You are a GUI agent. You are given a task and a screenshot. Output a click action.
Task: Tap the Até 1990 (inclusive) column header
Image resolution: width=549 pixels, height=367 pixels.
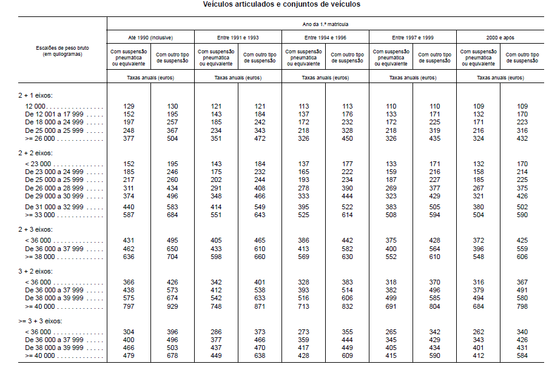(151, 37)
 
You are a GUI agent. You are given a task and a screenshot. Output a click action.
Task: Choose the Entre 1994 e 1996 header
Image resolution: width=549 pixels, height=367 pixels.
(325, 37)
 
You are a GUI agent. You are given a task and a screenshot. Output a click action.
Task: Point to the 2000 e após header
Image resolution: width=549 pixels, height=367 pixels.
(500, 37)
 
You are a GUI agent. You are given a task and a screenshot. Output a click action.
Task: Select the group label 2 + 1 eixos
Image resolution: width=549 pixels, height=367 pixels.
(35, 96)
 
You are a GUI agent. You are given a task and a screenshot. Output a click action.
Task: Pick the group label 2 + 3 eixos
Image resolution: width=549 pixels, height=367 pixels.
(35, 229)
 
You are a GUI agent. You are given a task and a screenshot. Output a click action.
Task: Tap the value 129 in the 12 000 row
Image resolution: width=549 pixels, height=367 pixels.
(129, 106)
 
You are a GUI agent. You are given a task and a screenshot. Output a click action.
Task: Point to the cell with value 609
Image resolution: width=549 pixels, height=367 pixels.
(348, 355)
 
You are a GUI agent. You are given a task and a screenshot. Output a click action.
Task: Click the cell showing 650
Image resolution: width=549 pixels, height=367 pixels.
(173, 248)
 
